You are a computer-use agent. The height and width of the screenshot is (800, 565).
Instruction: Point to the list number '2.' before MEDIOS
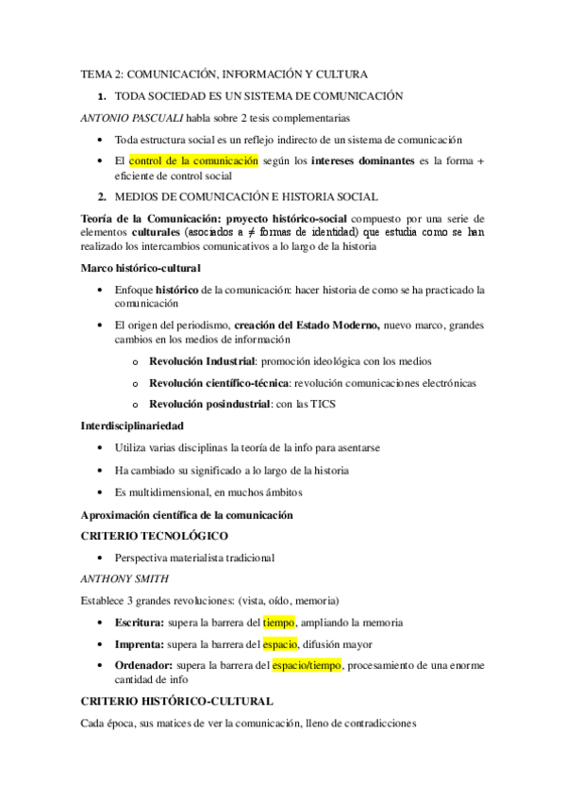click(x=102, y=196)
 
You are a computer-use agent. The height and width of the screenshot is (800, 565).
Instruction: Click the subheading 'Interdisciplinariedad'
click(x=133, y=426)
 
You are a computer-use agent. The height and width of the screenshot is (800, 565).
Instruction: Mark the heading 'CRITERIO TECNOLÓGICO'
click(x=155, y=536)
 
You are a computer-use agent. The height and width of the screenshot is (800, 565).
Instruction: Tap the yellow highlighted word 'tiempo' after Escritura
click(x=279, y=622)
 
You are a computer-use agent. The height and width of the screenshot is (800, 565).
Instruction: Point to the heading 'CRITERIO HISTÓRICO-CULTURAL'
click(x=177, y=701)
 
